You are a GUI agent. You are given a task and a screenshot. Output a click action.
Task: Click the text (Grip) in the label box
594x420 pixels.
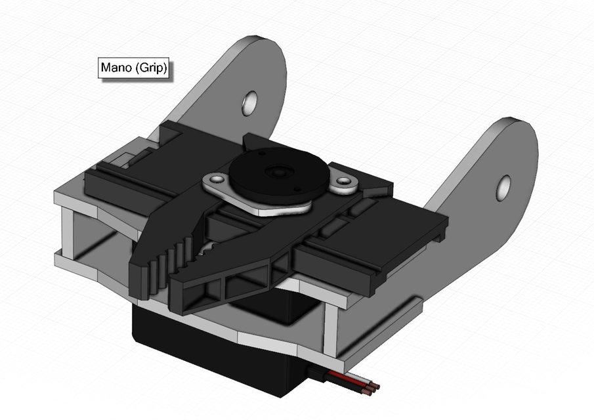pos(151,68)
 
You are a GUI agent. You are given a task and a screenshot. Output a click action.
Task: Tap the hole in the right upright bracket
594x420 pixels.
pos(503,187)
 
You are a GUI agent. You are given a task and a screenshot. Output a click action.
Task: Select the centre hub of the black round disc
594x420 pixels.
pos(277,173)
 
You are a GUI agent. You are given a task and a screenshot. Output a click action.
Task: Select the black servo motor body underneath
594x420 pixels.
pos(210,348)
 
